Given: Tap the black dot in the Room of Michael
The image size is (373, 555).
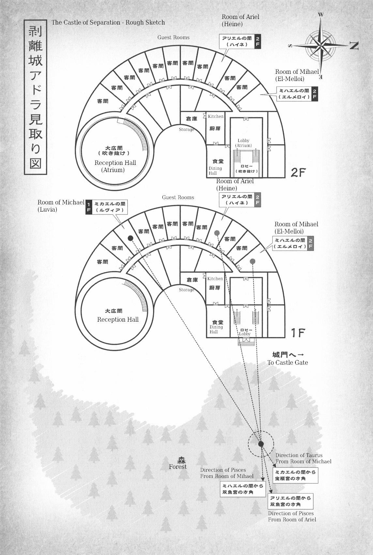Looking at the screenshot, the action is click(x=130, y=238).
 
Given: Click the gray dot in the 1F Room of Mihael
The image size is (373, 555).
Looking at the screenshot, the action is click(x=252, y=261).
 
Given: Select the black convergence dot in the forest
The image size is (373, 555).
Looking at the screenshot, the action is click(x=261, y=444).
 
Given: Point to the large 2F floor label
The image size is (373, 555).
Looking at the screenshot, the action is click(x=298, y=173).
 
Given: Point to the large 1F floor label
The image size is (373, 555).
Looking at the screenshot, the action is click(x=298, y=333).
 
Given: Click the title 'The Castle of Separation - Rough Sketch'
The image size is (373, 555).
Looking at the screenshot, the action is click(x=108, y=22).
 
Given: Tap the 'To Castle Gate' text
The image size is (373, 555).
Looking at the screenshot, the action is click(x=288, y=362).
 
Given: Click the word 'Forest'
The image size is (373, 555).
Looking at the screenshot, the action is click(x=178, y=467).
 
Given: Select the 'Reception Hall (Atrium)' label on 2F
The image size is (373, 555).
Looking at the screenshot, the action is click(x=115, y=166).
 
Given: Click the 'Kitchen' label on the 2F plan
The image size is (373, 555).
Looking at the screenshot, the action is click(x=216, y=116).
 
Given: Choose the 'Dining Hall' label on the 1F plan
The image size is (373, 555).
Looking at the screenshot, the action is click(x=216, y=329).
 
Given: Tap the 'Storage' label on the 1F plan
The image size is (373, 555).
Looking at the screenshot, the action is click(x=186, y=290).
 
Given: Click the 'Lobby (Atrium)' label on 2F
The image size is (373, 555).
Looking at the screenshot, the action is click(x=243, y=143).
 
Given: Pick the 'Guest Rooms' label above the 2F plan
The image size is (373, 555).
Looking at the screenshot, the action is click(x=173, y=38).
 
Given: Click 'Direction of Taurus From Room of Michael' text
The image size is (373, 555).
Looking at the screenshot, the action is click(x=303, y=458).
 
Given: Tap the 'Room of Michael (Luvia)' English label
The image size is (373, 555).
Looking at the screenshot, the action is click(x=61, y=206).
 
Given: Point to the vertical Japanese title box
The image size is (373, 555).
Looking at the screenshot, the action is click(x=36, y=97).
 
